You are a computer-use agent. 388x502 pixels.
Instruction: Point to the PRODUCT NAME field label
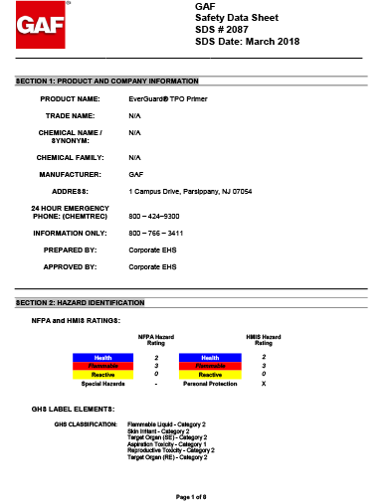click(70, 99)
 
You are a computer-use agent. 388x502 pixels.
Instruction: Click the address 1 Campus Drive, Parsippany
click(190, 189)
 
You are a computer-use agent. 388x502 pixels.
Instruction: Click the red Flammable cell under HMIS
click(210, 366)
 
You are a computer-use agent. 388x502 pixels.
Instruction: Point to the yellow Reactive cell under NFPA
click(102, 374)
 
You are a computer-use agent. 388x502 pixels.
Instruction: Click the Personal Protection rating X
click(263, 383)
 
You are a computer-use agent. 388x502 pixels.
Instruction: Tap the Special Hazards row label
click(102, 383)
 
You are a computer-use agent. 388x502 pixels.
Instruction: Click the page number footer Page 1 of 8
click(190, 495)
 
